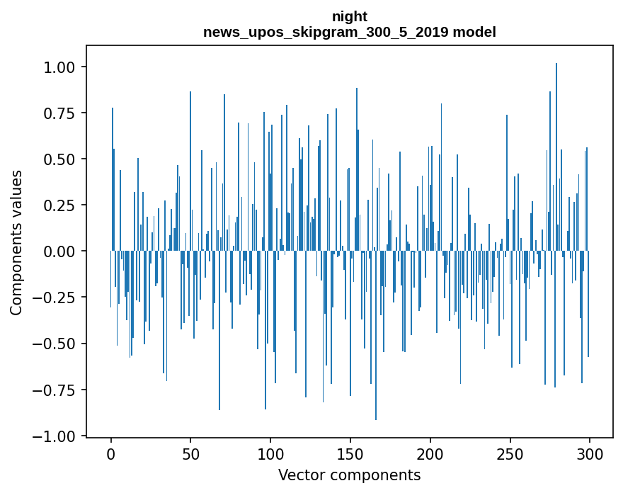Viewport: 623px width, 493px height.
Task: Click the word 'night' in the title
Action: [x=350, y=16]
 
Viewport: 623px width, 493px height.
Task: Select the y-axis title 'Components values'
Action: [x=16, y=242]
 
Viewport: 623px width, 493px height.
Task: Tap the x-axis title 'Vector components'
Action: [x=350, y=475]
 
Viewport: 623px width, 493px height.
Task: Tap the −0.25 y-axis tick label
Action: [x=57, y=297]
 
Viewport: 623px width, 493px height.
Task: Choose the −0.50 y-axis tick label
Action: [x=57, y=344]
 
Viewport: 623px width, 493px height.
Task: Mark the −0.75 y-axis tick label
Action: [x=57, y=390]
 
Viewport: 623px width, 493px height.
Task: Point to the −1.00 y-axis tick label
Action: [x=57, y=436]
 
